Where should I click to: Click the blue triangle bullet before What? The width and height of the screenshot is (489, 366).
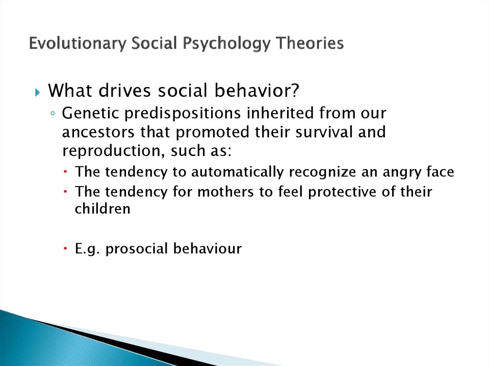point(37,92)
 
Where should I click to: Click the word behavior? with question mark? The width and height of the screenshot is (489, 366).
point(256,90)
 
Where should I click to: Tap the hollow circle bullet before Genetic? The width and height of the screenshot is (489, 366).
point(53,114)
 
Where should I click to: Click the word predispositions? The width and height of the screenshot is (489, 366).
point(183,114)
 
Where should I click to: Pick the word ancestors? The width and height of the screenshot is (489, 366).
point(98,132)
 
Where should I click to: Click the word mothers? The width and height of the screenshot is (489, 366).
point(226,191)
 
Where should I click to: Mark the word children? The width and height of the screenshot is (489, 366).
point(103,209)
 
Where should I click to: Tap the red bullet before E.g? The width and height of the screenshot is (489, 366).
point(65,249)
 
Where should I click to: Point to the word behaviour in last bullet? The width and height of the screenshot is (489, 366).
point(207,249)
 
